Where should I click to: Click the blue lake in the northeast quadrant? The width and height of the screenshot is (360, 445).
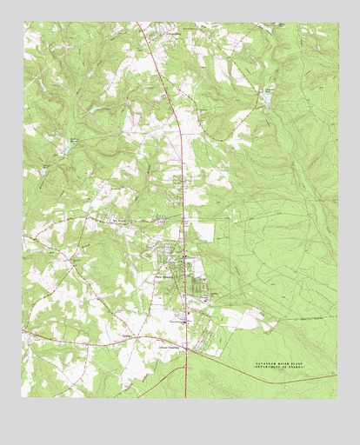coord(267,98)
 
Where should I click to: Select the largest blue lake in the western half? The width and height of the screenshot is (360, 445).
coord(62,149)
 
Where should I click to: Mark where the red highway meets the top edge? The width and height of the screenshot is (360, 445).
coord(137,23)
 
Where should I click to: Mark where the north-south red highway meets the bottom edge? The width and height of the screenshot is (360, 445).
coord(185,397)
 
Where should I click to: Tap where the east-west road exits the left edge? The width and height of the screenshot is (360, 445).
coord(23,331)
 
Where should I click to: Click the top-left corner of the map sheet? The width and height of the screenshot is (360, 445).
coord(23,23)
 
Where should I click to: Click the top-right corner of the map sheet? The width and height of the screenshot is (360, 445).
coord(337,23)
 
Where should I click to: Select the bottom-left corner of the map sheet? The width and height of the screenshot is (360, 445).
coord(22,397)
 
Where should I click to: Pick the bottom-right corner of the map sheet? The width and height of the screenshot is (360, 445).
coord(336,398)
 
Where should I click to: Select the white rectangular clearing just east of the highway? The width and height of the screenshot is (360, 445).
coord(202,231)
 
